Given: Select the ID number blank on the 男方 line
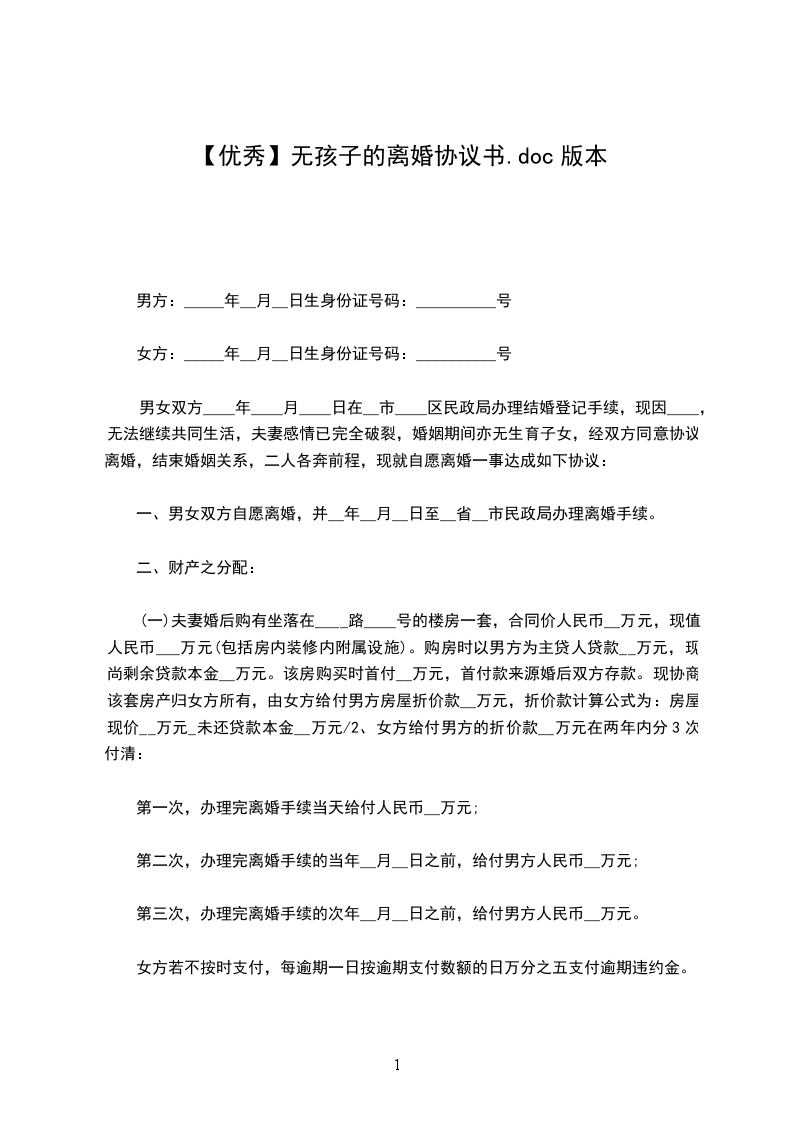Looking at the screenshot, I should tap(455, 300).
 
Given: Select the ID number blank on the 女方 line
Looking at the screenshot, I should tap(455, 353).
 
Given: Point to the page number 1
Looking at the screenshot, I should tap(397, 1065).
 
